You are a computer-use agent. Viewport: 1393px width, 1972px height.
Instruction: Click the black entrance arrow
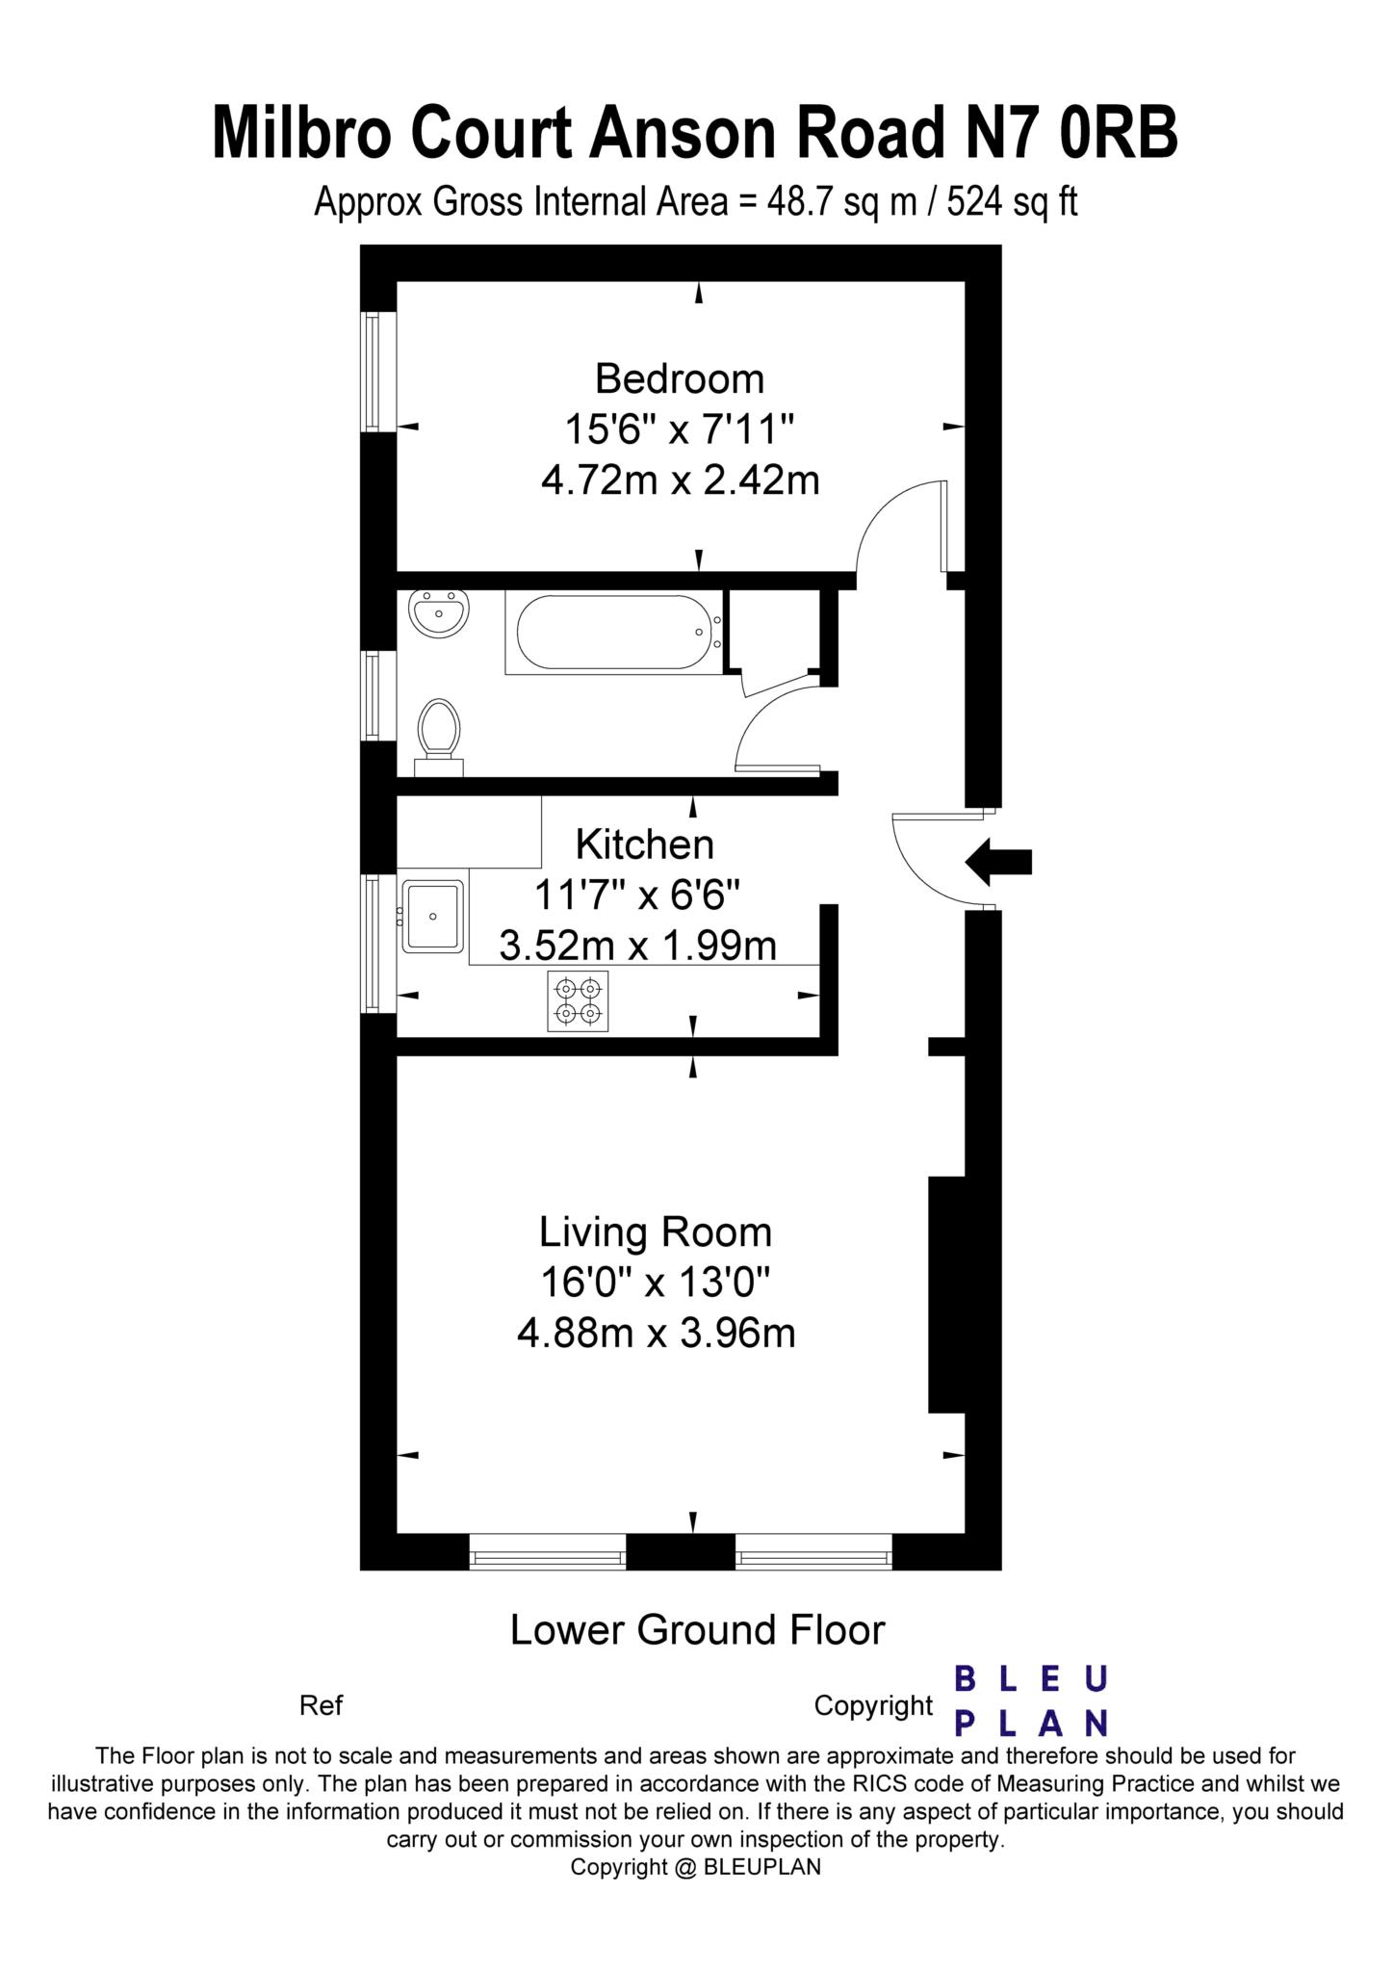coord(997,861)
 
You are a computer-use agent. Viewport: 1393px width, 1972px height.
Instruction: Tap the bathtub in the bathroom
coord(614,634)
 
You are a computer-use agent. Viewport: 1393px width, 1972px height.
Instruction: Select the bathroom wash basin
coord(439,612)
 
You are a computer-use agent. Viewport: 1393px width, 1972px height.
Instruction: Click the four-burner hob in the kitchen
coord(578,1001)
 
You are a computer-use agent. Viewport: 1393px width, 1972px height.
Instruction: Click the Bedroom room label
coord(680,378)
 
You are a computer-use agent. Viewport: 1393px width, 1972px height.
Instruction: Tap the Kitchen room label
coord(645,844)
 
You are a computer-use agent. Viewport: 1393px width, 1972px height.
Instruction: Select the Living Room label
coord(656,1232)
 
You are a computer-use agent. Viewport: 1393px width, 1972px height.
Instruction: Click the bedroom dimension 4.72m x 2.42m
coord(680,479)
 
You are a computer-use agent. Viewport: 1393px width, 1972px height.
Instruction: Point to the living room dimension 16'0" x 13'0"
coord(656,1283)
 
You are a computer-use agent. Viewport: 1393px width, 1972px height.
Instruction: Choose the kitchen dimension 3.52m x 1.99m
coord(637,946)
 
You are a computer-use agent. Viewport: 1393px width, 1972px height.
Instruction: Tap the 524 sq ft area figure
coord(1013,202)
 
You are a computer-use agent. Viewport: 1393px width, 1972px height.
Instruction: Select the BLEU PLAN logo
coord(1031,1700)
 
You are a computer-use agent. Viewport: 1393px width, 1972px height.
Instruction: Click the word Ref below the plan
coord(322,1705)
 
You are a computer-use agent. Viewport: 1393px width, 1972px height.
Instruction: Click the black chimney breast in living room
coord(946,1294)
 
